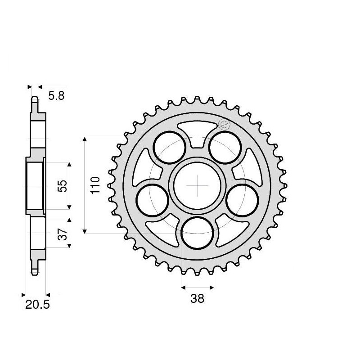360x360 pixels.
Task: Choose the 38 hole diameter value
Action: (197, 298)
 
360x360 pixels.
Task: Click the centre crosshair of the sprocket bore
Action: (197, 185)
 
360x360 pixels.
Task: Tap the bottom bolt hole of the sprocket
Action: (197, 233)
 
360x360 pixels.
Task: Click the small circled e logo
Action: (224, 124)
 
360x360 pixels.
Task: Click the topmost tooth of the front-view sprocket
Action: (197, 100)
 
